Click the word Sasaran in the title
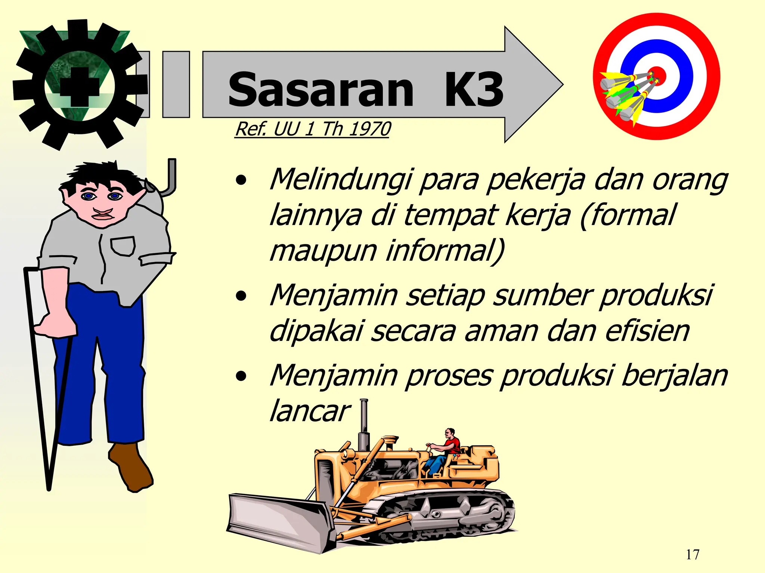click(320, 90)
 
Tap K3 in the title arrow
click(474, 90)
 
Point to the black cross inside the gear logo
click(80, 87)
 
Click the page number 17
click(693, 555)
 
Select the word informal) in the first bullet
click(445, 251)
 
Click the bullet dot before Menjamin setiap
click(241, 296)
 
